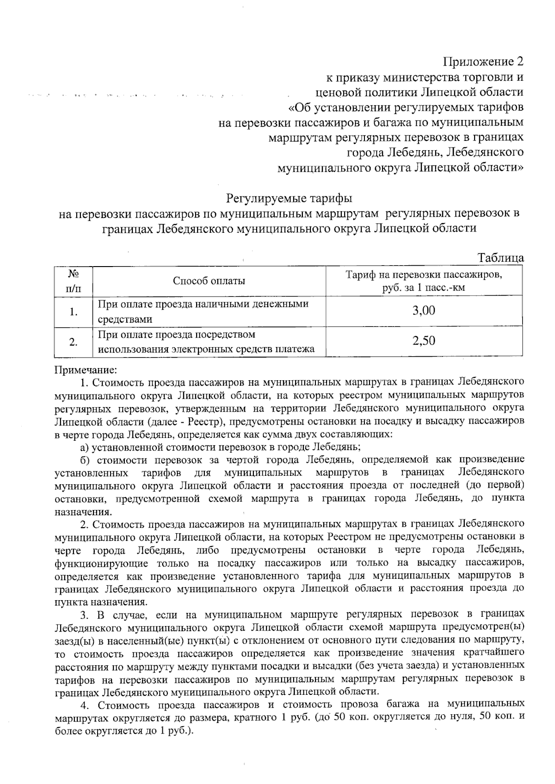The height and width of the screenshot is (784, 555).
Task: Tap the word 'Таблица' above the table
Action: pos(500,258)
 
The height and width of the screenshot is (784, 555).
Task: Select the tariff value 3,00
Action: pos(424,310)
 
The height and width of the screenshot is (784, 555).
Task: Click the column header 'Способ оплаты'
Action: pos(209,281)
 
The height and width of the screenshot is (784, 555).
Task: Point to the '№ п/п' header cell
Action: pos(73,281)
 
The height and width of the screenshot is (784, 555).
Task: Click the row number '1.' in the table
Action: pos(73,312)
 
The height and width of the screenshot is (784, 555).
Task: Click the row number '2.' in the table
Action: pos(73,342)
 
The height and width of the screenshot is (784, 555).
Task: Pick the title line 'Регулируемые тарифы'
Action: pos(289,199)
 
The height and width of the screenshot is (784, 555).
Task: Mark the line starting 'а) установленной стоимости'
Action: pos(221,447)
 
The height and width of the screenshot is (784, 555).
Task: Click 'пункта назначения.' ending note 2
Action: pos(101,602)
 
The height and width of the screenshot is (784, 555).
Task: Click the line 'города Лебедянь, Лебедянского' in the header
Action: pos(435,152)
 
